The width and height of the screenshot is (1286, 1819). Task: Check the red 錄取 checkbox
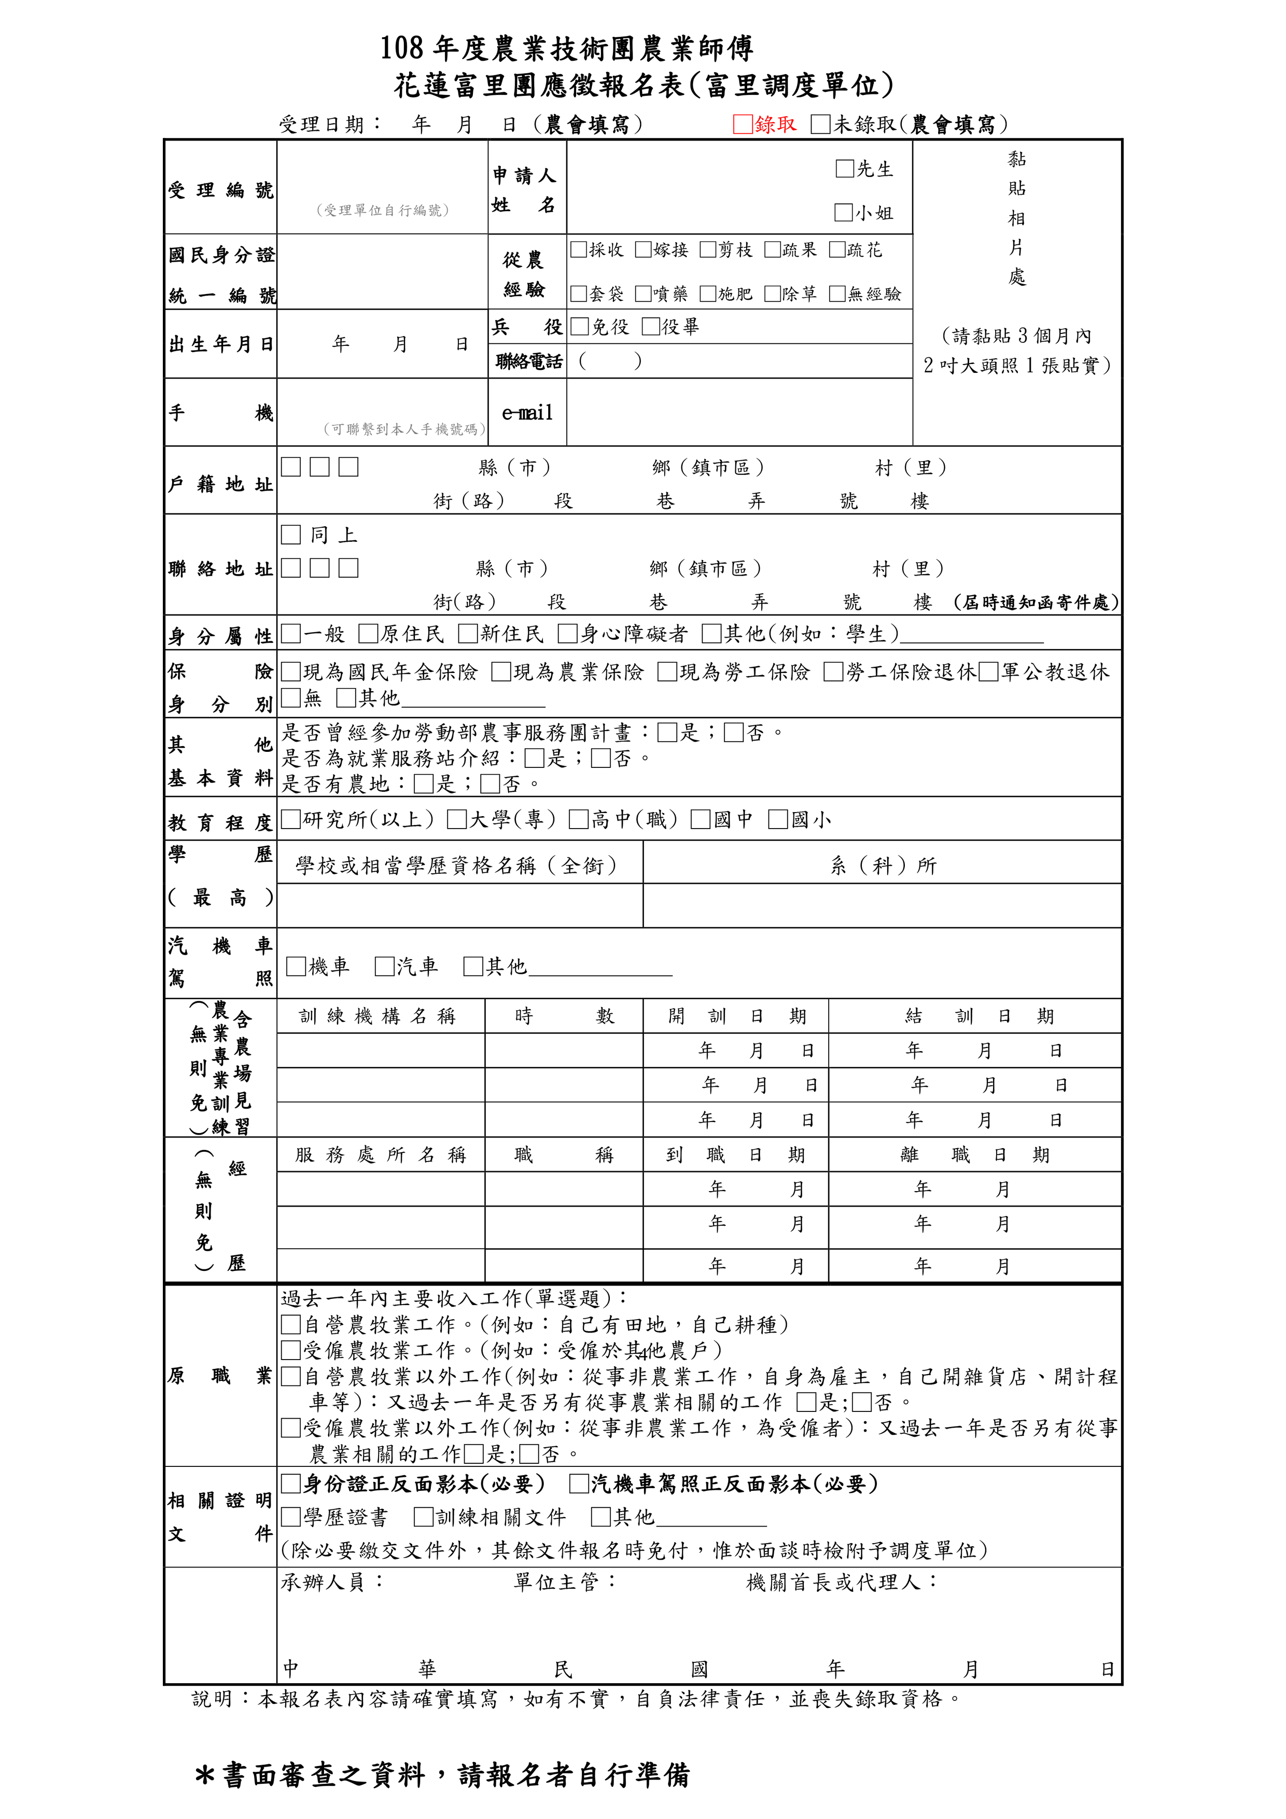pos(743,124)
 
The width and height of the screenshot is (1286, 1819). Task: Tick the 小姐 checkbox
pos(844,212)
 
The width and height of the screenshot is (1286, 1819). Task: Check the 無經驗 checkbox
pos(837,294)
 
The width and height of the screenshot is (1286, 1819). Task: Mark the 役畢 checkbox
pos(651,326)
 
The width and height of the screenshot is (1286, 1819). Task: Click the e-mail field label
pos(527,413)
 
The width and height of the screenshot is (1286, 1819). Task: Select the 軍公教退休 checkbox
pos(988,673)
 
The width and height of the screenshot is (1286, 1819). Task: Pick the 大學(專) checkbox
pos(456,819)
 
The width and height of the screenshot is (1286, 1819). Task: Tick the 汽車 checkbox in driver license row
pos(384,967)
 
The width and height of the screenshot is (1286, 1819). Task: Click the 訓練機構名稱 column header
pos(378,1016)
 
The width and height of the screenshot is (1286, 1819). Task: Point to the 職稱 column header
pos(563,1155)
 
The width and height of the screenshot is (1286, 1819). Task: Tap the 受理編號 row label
pos(220,190)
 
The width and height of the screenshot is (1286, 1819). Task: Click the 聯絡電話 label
pos(528,362)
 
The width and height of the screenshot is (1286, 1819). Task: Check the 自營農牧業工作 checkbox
pos(291,1325)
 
